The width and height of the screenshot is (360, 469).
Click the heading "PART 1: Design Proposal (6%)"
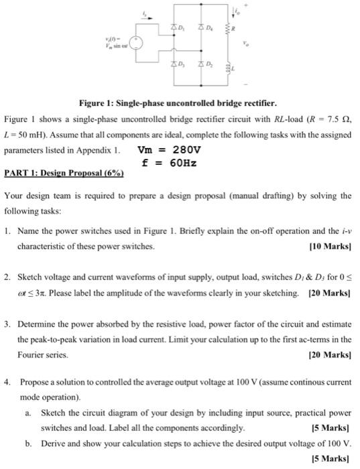coord(64,173)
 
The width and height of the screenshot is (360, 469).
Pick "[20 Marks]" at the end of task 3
coord(329,354)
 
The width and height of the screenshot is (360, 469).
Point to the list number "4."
coord(7,381)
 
